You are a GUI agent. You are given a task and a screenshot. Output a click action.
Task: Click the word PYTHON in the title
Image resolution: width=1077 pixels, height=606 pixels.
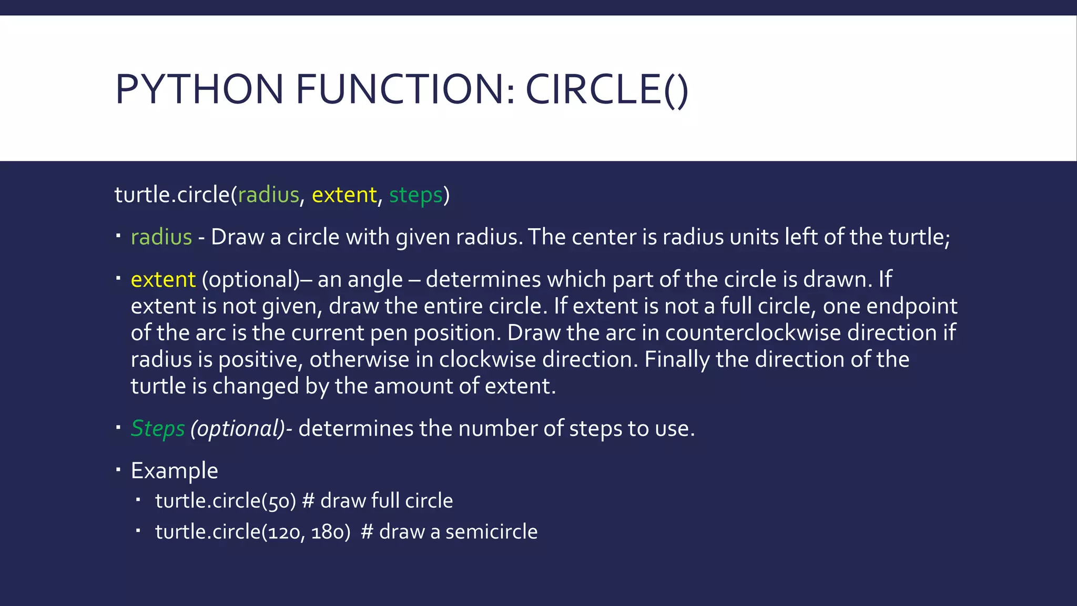click(x=199, y=89)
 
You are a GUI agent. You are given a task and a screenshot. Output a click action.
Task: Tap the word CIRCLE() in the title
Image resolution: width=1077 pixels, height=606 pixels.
click(x=606, y=89)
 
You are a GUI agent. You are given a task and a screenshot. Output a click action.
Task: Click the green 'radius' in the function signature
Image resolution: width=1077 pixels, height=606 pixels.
click(x=268, y=195)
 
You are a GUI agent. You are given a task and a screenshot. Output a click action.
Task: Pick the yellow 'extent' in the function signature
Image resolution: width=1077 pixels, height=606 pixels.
click(x=344, y=195)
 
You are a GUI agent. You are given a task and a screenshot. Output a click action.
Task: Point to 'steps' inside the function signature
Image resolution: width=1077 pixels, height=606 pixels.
click(x=415, y=196)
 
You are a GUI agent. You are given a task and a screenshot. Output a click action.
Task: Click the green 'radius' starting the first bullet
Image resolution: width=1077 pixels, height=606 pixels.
click(x=161, y=237)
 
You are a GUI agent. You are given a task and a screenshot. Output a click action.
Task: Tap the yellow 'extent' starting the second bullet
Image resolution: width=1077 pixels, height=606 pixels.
click(x=163, y=279)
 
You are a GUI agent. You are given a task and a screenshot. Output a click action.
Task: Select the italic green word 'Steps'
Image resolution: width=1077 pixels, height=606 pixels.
click(x=158, y=429)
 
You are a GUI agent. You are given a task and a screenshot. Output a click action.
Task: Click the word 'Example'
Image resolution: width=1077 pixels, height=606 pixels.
click(x=174, y=471)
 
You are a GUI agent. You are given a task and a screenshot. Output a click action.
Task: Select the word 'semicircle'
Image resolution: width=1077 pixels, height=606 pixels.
click(x=491, y=532)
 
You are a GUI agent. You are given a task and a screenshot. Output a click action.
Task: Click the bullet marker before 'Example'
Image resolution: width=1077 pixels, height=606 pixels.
click(x=118, y=469)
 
